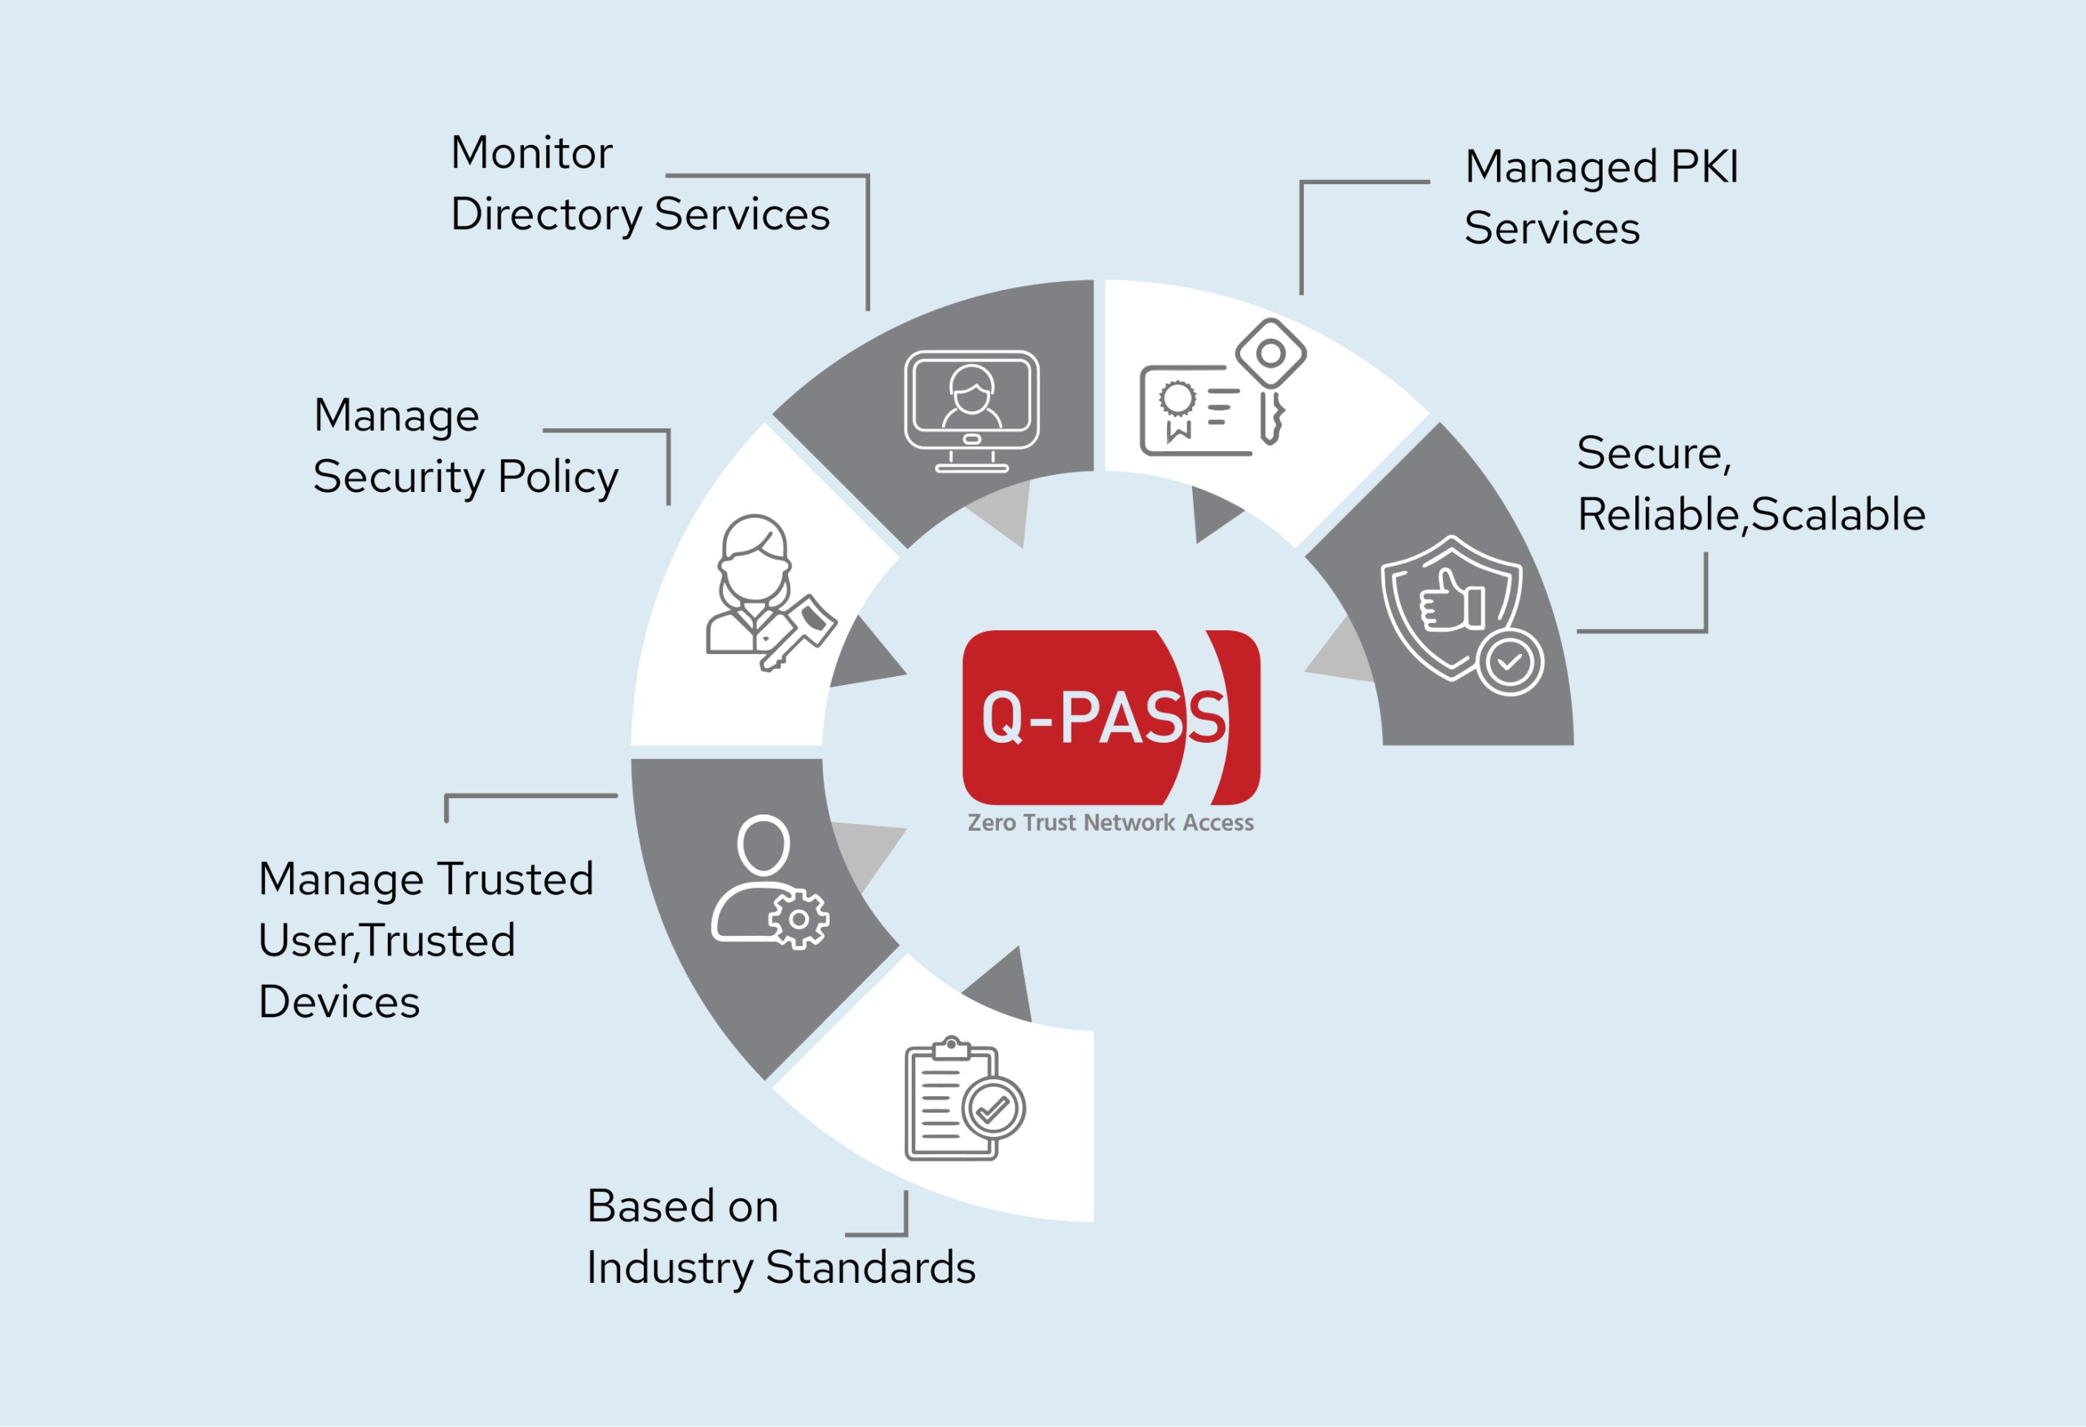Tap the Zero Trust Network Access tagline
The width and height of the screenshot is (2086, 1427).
(x=1111, y=822)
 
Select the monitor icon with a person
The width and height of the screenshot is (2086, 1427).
(x=971, y=411)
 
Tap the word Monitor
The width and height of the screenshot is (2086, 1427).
(x=531, y=152)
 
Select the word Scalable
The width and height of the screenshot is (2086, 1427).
(x=1837, y=514)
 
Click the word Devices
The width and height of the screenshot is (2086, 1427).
(x=338, y=1002)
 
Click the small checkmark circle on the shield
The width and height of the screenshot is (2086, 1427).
(x=1510, y=662)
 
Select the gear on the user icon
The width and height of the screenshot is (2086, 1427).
(x=798, y=919)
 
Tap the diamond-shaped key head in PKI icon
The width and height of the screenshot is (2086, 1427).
(x=1270, y=353)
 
